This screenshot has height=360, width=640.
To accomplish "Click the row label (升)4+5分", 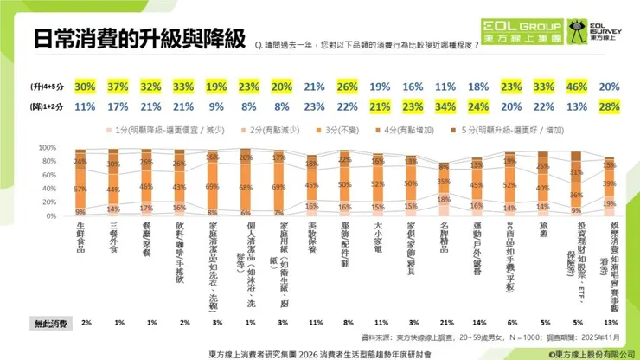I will pos(42,87).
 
